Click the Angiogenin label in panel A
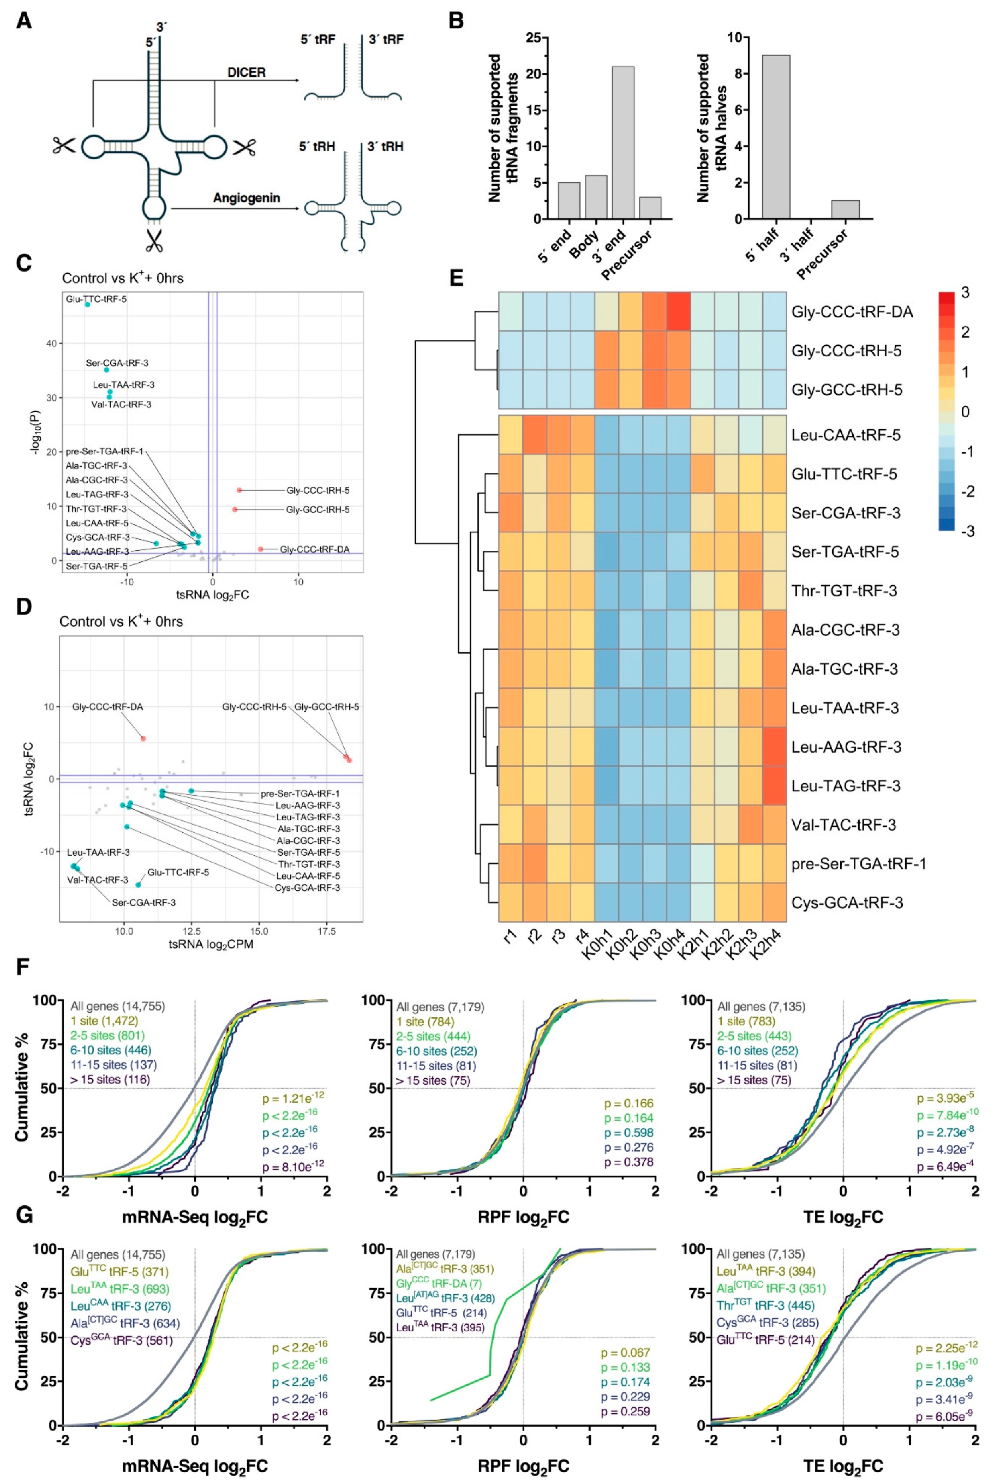tap(246, 197)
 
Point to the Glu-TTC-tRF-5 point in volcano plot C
tap(87, 305)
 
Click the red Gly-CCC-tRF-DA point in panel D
tap(143, 739)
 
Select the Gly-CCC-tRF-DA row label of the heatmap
tap(852, 312)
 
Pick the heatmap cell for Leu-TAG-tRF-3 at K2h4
tap(774, 786)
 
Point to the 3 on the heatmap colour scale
tap(965, 293)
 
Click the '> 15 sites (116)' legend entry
tap(110, 1079)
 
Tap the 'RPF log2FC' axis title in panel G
tap(523, 1465)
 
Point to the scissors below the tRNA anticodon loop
tap(153, 240)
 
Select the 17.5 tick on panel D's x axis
tap(326, 932)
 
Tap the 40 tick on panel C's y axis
tap(51, 344)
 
